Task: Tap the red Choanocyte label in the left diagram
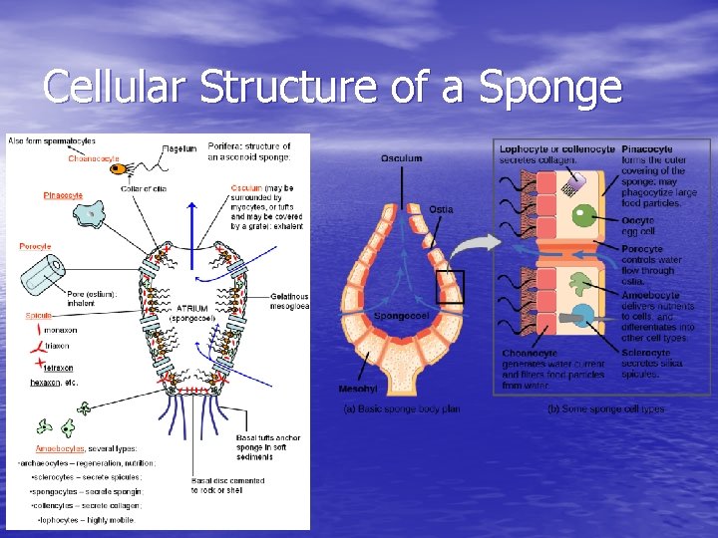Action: click(x=94, y=158)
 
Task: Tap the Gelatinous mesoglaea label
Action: click(x=289, y=301)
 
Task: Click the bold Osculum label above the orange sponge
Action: click(x=401, y=158)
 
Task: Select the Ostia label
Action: click(x=441, y=209)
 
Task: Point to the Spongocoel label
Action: click(x=401, y=316)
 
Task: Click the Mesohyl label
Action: click(x=357, y=389)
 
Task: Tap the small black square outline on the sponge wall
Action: click(x=450, y=287)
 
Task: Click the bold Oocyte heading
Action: click(x=637, y=220)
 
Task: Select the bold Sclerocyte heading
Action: click(x=646, y=352)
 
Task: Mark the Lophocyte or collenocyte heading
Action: click(x=556, y=149)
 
